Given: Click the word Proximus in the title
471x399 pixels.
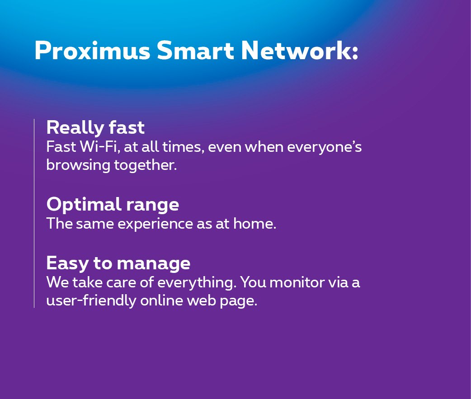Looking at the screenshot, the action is (93, 50).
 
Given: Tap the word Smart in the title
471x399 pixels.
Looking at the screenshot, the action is (195, 50).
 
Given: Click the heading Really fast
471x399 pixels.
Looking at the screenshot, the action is (95, 127).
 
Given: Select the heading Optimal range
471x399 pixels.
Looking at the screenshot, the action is (113, 205).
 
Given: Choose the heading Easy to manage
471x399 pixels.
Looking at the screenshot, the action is (118, 263).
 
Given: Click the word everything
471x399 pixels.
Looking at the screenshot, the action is (197, 283).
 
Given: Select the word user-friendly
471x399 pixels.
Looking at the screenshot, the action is (91, 301).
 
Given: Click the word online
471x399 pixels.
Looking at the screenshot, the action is (162, 300).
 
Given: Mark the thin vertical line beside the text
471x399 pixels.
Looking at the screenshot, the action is (34, 213).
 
